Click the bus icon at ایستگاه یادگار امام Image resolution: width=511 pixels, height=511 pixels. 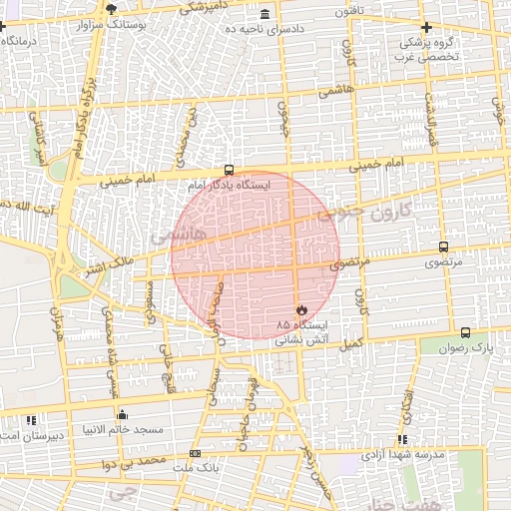[231, 171]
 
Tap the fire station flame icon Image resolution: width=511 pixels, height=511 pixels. [302, 309]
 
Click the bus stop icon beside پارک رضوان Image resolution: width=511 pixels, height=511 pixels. [466, 332]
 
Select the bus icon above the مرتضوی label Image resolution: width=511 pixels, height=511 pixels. [443, 247]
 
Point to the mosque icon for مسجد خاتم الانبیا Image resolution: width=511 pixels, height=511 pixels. [123, 413]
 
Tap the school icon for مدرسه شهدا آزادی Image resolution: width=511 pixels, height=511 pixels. [402, 439]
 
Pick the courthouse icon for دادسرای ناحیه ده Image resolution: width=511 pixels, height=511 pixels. [263, 15]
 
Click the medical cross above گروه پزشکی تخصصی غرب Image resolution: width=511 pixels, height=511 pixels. [426, 27]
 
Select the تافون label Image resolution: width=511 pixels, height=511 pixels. [374, 11]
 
